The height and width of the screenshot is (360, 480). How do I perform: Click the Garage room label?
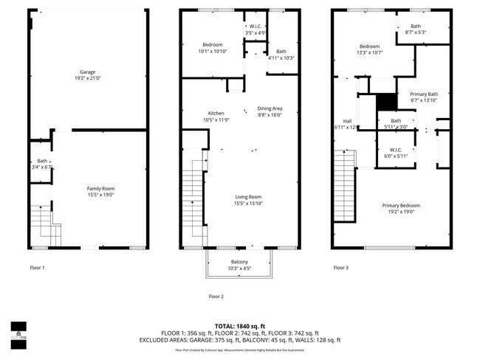(x=87, y=72)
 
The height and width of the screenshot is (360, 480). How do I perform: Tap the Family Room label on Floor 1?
(x=100, y=189)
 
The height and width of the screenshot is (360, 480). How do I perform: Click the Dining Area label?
(x=269, y=108)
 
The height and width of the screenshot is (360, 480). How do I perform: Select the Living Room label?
(x=248, y=197)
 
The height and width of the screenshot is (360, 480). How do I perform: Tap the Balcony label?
(x=239, y=262)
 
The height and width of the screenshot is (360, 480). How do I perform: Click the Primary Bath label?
(x=423, y=94)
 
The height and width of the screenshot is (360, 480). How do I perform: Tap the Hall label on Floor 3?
(x=346, y=121)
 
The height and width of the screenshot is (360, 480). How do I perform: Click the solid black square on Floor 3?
(x=385, y=102)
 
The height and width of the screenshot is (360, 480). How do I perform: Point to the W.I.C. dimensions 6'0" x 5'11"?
(x=395, y=156)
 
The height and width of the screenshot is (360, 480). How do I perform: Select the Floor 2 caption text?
(x=216, y=296)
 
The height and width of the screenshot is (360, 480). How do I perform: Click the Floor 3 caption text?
(x=340, y=268)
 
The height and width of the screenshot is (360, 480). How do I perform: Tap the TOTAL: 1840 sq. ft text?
(x=239, y=325)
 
